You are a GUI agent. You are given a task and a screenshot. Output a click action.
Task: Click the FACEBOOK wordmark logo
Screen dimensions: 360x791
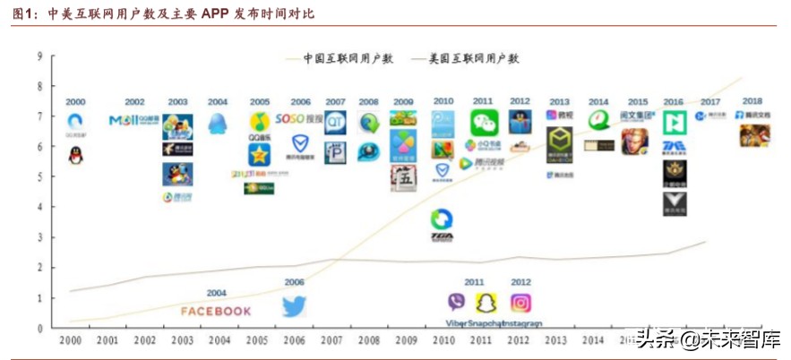point(216,311)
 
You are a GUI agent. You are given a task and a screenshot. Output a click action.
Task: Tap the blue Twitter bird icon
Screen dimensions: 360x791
point(295,306)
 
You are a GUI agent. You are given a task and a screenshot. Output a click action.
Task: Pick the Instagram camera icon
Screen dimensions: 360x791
point(520,303)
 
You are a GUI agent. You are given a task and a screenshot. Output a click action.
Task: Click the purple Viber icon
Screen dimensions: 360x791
point(456,303)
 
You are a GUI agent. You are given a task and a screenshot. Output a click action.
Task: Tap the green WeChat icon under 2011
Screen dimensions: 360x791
point(484,123)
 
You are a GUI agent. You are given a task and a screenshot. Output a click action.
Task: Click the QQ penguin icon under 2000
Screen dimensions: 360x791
point(76,155)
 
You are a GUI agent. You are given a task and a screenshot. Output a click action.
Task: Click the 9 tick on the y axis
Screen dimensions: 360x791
point(40,56)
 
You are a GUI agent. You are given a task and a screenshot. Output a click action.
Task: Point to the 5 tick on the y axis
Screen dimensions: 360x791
point(40,176)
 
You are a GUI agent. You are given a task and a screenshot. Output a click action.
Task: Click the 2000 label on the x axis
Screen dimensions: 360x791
point(71,341)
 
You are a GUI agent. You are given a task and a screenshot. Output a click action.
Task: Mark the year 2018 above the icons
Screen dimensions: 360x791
point(752,101)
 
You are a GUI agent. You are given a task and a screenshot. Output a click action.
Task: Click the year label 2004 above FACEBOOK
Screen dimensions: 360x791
point(216,293)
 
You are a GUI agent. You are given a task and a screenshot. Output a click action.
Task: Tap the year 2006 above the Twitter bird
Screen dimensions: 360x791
point(295,282)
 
